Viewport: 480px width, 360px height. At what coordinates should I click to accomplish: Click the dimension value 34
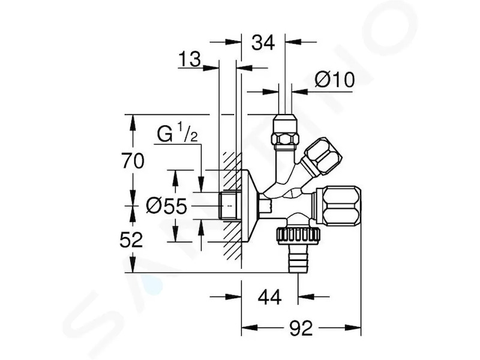click(x=263, y=43)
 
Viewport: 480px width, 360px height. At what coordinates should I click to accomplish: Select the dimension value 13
click(x=190, y=59)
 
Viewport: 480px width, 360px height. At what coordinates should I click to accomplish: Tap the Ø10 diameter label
click(x=334, y=80)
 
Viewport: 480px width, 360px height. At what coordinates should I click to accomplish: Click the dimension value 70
click(x=133, y=161)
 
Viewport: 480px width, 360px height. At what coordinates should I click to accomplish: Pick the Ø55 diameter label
click(x=167, y=206)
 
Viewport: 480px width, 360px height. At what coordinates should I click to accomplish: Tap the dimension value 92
click(x=301, y=328)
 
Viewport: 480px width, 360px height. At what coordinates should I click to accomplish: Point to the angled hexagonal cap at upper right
click(x=322, y=157)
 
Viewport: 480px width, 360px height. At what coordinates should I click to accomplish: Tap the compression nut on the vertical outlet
click(x=286, y=132)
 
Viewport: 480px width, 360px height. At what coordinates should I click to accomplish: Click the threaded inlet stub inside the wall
click(x=230, y=205)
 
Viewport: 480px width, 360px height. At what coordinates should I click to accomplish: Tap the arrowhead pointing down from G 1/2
click(x=201, y=185)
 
